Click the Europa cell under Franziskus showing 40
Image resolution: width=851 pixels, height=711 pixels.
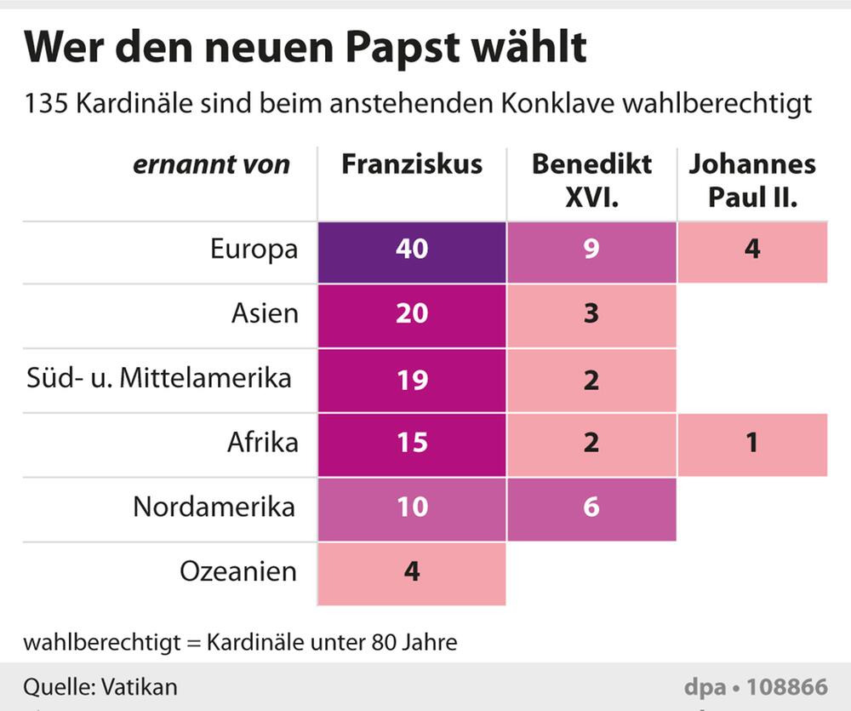(412, 249)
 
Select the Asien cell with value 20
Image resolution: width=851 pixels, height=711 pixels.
(412, 314)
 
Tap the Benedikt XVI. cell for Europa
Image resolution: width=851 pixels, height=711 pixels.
(591, 249)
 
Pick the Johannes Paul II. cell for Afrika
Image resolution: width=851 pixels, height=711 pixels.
(752, 444)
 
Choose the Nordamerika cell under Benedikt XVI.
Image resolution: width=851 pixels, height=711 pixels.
(591, 508)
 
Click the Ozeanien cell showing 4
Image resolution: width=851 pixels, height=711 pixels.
(412, 572)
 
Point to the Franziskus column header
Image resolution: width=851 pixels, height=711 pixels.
(412, 164)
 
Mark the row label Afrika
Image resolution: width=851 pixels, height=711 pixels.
(262, 443)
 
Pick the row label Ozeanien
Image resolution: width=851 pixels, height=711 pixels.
(238, 571)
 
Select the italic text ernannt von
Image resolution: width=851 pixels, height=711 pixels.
(211, 164)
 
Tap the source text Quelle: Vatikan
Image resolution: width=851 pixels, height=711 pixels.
(100, 686)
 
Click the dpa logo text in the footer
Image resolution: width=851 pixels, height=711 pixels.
(703, 686)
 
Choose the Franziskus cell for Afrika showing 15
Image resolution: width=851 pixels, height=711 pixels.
(412, 444)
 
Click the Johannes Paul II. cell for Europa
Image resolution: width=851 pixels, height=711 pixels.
(752, 249)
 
